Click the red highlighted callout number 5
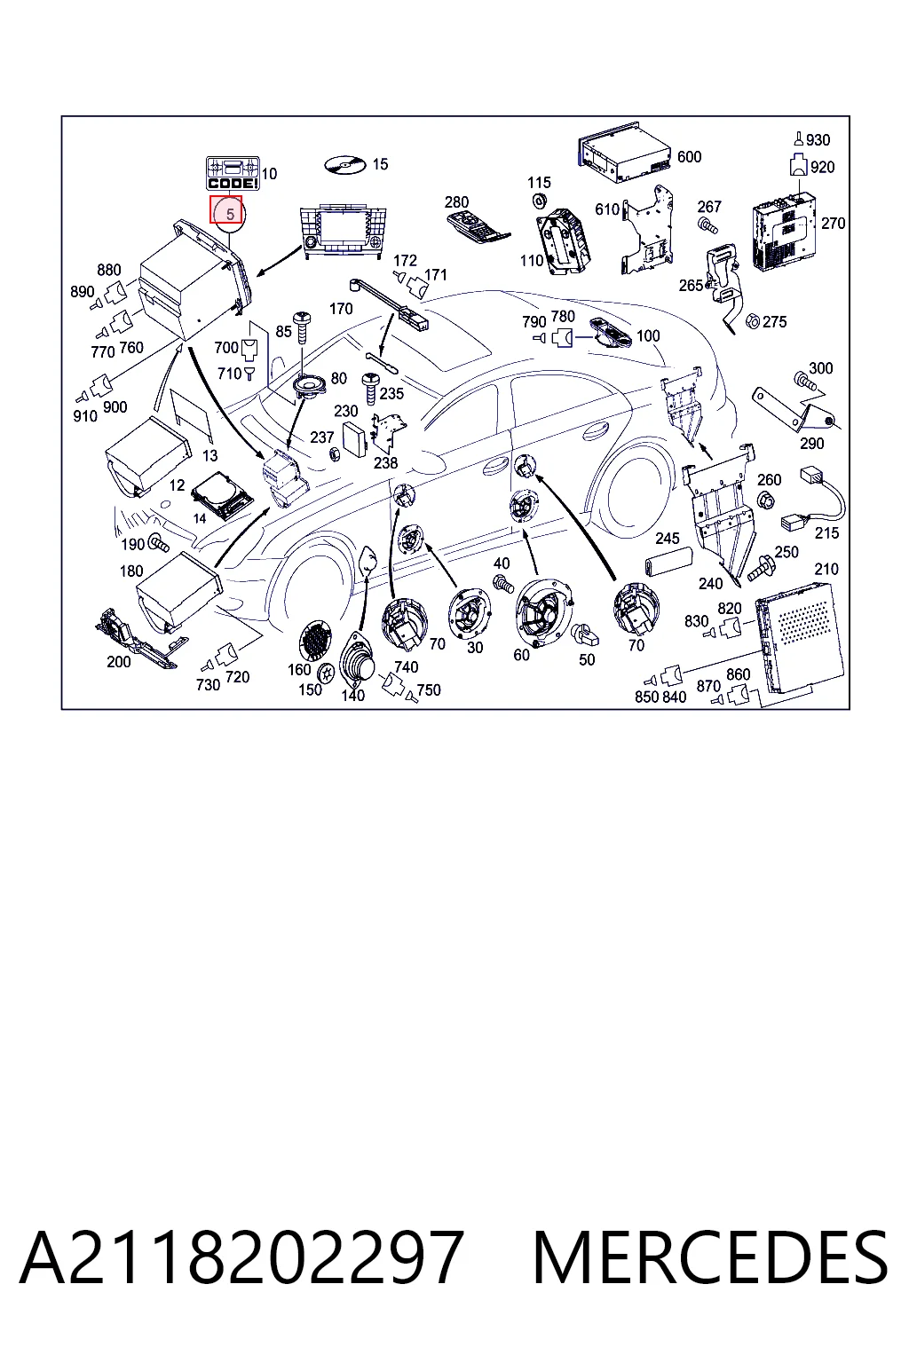230,214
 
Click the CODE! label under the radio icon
233,183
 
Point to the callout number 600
689,157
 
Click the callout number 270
833,224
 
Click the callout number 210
826,570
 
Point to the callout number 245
667,539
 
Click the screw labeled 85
302,328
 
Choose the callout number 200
118,662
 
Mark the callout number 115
539,183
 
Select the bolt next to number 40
502,582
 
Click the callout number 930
818,140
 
